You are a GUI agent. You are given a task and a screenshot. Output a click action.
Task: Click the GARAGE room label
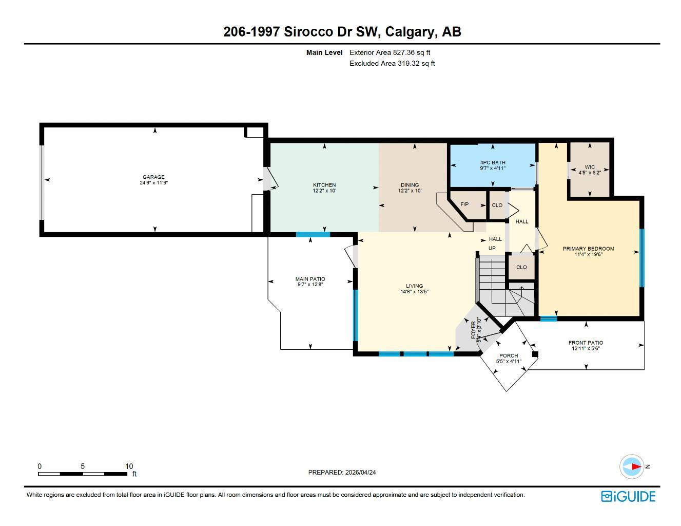point(153,177)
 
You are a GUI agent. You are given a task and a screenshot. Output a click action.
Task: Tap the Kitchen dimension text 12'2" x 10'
point(324,191)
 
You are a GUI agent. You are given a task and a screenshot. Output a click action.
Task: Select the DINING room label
point(410,185)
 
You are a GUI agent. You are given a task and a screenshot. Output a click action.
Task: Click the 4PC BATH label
point(493,162)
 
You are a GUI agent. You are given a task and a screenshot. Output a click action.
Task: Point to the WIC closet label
point(589,167)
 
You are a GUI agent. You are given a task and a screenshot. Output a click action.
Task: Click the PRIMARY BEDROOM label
point(588,249)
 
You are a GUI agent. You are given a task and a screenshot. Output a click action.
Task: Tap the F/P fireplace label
point(464,204)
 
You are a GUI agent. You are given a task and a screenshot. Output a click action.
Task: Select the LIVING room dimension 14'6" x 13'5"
point(414,292)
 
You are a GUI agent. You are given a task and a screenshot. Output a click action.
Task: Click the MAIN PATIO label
point(310,279)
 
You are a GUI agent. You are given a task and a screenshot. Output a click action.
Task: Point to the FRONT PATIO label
point(586,343)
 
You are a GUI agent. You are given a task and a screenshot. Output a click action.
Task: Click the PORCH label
point(509,355)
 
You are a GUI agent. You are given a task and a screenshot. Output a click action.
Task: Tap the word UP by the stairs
point(492,248)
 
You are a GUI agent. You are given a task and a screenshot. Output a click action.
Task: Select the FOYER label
point(473,329)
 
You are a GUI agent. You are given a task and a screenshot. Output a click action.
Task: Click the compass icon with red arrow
point(632,467)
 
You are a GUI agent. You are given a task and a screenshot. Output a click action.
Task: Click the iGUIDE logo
point(628,496)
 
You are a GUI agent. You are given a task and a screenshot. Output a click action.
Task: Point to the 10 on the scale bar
point(129,466)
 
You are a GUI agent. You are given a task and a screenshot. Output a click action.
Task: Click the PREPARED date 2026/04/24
point(361,472)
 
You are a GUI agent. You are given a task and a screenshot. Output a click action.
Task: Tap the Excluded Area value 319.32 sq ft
point(416,64)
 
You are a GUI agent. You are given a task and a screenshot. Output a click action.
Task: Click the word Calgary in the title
point(408,32)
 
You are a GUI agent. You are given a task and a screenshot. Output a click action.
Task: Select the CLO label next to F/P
point(497,205)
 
